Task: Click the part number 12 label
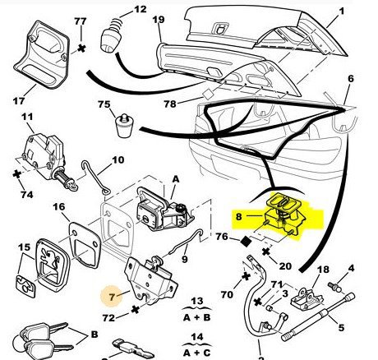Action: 141,9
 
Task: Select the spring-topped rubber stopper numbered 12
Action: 112,36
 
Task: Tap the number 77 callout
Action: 81,21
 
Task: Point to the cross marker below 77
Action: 81,48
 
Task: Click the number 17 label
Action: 19,101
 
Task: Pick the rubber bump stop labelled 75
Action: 125,126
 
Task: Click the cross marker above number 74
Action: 17,174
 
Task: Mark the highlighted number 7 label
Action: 112,297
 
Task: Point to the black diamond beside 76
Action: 246,242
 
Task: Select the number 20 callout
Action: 285,266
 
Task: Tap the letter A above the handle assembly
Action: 175,179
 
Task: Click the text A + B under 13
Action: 196,317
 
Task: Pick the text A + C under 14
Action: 196,353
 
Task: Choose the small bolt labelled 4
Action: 334,287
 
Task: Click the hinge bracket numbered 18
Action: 307,299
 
